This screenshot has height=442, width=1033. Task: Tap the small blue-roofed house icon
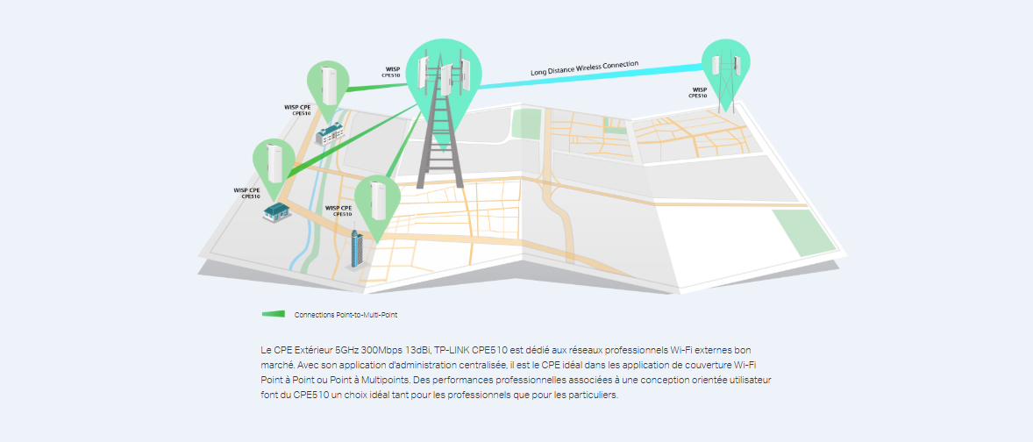tap(277, 212)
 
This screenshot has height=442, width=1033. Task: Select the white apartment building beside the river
tap(330, 132)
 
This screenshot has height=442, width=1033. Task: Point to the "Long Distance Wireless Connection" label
tap(584, 68)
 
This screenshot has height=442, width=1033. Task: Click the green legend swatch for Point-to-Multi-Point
tap(274, 314)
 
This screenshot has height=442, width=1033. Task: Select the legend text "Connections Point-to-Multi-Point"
tap(346, 315)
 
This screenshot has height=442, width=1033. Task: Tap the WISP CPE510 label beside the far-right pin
tap(698, 92)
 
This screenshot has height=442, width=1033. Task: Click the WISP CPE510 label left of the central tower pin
tap(391, 72)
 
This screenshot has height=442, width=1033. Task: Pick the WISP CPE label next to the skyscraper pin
tap(338, 210)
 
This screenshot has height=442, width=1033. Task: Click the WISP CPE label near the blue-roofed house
tap(247, 193)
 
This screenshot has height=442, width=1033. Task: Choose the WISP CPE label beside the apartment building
tap(297, 110)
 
